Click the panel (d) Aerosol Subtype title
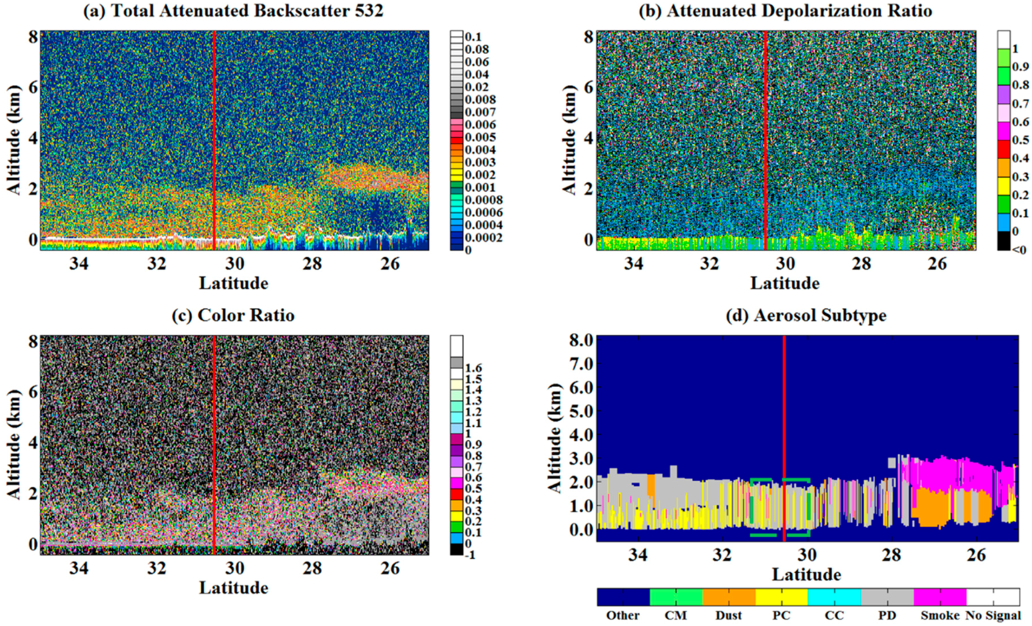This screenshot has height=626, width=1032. click(x=806, y=315)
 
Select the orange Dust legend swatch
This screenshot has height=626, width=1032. click(x=729, y=597)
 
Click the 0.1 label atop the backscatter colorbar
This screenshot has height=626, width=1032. click(x=473, y=37)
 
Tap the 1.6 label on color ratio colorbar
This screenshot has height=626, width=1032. click(x=473, y=368)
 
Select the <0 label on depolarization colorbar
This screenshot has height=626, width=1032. click(x=1019, y=250)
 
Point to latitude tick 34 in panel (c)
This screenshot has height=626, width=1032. click(x=79, y=569)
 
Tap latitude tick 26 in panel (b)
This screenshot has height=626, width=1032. click(x=937, y=264)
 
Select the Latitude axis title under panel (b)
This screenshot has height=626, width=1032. click(x=785, y=283)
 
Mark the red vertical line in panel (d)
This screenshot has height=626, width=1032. click(x=784, y=419)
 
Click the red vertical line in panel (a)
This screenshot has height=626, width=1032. click(x=214, y=126)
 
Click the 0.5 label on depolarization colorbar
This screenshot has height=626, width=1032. click(x=1020, y=140)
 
